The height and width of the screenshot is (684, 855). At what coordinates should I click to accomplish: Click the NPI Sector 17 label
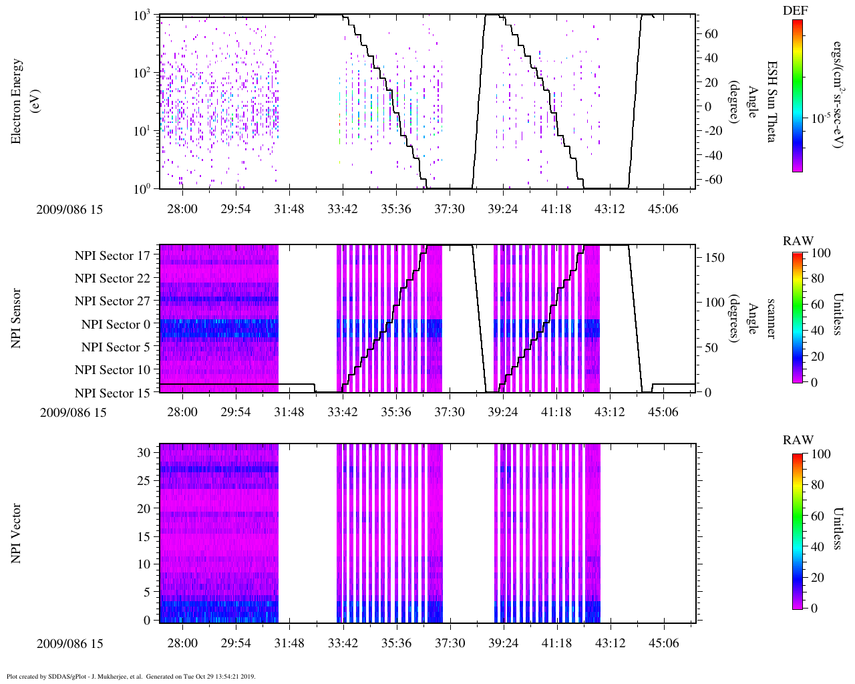pos(112,255)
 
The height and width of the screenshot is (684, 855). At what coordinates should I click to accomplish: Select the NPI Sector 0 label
pos(116,325)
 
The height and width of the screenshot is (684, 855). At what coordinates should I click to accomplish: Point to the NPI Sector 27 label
pos(112,301)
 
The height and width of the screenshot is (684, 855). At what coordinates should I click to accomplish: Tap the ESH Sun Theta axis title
pos(771,102)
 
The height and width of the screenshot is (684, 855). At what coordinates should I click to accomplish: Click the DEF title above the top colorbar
pos(795,11)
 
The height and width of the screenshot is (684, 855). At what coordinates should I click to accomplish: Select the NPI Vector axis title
pos(16,534)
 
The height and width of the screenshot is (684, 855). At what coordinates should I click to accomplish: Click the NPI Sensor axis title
pos(16,318)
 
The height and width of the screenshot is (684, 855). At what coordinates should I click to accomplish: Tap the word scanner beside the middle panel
pos(771,318)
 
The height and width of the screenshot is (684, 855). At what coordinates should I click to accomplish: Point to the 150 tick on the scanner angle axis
pos(715,258)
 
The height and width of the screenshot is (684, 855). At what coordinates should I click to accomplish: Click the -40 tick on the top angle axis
pos(713,156)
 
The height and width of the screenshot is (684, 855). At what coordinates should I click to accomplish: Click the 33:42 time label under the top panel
pos(343,209)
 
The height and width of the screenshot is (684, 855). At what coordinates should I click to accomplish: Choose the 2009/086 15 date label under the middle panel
pos(73,412)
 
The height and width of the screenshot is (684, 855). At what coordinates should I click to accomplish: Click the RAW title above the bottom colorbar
pos(798,440)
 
